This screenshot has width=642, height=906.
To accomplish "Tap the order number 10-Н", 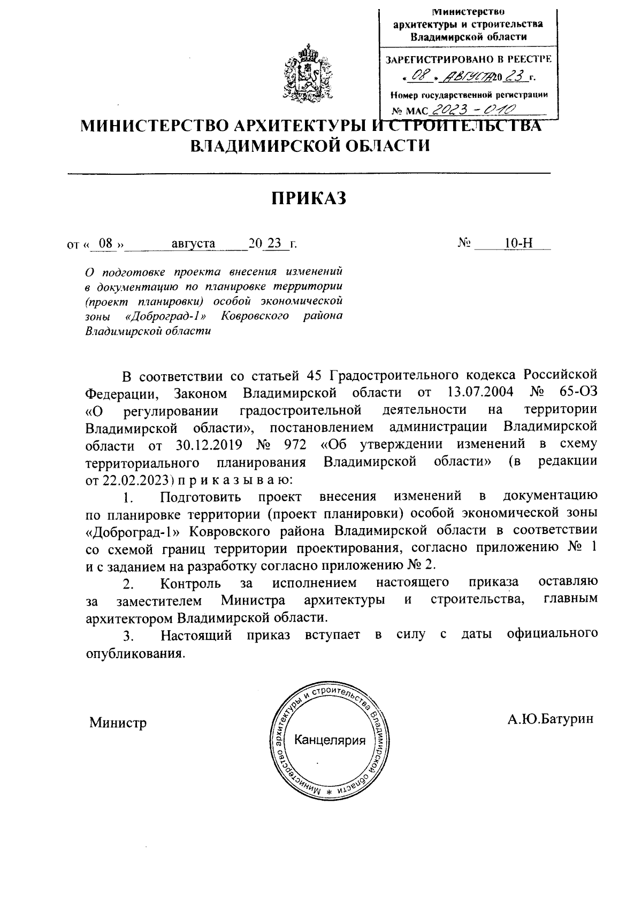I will (518, 244).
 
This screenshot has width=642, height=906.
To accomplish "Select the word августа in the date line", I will (193, 244).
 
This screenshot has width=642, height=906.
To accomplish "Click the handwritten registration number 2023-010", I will (473, 110).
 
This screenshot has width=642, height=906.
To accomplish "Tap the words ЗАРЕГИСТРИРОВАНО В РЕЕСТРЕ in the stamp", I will (468, 60).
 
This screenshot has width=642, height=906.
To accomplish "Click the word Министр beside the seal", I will (118, 723).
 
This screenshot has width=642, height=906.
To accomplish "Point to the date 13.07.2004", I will (479, 393).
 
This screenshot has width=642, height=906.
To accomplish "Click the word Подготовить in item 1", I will (200, 497).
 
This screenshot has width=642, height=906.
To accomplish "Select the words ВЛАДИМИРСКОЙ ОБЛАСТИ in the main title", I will (310, 145).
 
